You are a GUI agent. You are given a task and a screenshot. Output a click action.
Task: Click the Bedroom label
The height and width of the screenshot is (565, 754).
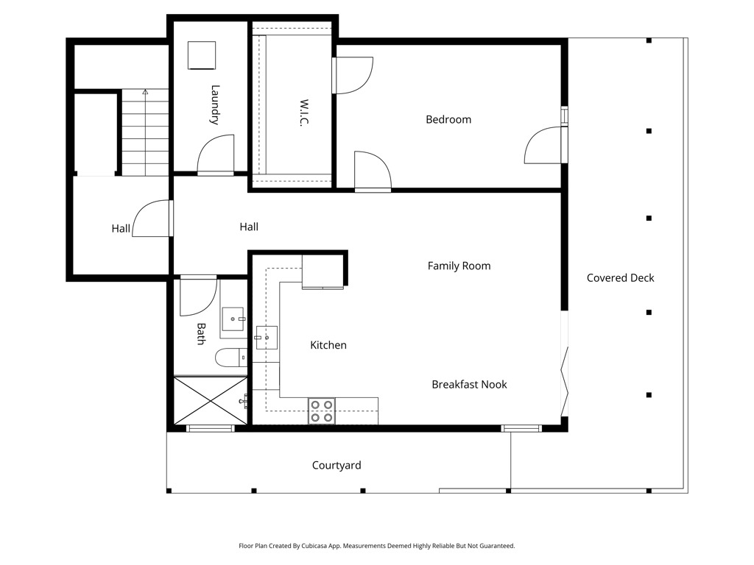(x=448, y=119)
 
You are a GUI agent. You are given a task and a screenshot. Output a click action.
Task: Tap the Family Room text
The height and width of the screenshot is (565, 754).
(x=459, y=266)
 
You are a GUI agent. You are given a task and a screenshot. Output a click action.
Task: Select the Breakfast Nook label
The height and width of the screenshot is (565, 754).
(x=469, y=384)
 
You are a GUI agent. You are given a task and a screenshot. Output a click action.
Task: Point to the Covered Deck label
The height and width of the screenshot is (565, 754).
(x=620, y=277)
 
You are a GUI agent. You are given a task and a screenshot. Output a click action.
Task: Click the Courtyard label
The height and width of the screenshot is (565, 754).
(x=337, y=465)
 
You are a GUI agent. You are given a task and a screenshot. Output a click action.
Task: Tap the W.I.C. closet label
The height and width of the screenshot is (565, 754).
(x=303, y=113)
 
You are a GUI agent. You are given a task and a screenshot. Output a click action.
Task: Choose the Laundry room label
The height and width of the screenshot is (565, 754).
(x=215, y=104)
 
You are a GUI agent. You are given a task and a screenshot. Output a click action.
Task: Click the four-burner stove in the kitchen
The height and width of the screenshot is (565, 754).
(x=322, y=411)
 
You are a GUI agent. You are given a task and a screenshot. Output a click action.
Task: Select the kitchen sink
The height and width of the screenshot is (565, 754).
(x=266, y=337)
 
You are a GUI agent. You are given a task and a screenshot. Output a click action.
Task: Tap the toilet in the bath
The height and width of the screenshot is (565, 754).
(x=230, y=358)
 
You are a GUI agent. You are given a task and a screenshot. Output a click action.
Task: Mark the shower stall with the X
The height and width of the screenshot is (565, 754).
(x=210, y=401)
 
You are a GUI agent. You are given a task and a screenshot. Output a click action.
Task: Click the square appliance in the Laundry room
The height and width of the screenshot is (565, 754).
(x=202, y=56)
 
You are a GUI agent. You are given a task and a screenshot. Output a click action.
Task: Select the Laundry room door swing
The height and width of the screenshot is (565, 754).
(x=216, y=154)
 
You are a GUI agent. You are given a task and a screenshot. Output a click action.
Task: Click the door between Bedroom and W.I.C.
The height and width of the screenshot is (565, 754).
(x=353, y=76)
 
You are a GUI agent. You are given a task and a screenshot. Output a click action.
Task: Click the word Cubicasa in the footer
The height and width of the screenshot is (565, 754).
(x=314, y=546)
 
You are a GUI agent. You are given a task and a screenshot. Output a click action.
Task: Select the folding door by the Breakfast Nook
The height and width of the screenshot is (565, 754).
(x=565, y=382)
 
